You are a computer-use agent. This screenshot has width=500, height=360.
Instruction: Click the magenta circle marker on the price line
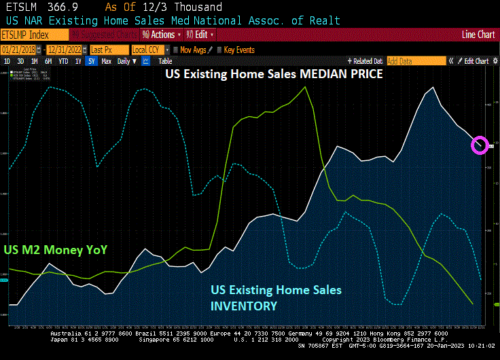click(480, 144)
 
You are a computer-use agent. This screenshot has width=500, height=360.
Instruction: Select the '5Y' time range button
click(90, 61)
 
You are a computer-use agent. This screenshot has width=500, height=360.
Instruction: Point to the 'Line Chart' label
click(478, 34)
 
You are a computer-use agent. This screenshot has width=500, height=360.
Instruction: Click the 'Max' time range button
click(106, 61)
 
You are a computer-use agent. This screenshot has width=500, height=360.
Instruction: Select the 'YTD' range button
click(63, 61)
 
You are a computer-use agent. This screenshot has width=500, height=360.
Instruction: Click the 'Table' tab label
click(165, 61)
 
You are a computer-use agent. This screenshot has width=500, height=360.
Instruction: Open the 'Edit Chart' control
click(476, 61)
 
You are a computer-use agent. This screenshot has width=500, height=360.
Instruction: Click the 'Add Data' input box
click(416, 61)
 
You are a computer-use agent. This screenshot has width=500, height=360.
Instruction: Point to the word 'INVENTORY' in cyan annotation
click(244, 306)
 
